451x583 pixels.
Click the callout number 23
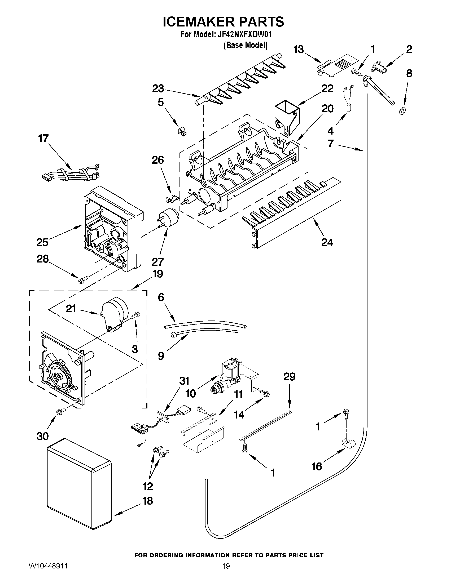pyautogui.click(x=158, y=89)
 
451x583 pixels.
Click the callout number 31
pyautogui.click(x=184, y=381)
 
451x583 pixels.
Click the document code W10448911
pyautogui.click(x=48, y=572)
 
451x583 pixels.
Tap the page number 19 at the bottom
pyautogui.click(x=226, y=572)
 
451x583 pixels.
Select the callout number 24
pyautogui.click(x=327, y=242)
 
